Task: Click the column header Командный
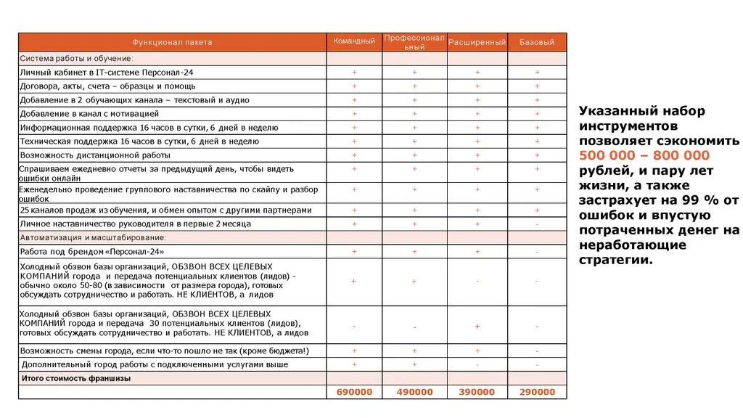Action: click(354, 41)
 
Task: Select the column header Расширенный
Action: click(477, 42)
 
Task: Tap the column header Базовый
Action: click(537, 42)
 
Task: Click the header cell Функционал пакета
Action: click(172, 42)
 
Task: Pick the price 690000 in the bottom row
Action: click(354, 392)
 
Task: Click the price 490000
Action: click(414, 392)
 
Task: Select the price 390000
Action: click(477, 392)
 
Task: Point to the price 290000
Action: click(537, 392)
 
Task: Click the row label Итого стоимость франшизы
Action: click(76, 378)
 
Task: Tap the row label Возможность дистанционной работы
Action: click(95, 155)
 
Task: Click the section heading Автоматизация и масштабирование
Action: click(94, 237)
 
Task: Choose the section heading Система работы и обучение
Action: click(76, 58)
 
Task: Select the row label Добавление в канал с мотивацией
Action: click(89, 114)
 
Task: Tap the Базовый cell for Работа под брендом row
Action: click(537, 251)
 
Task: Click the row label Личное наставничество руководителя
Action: click(136, 224)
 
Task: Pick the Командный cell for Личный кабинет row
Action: click(354, 73)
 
